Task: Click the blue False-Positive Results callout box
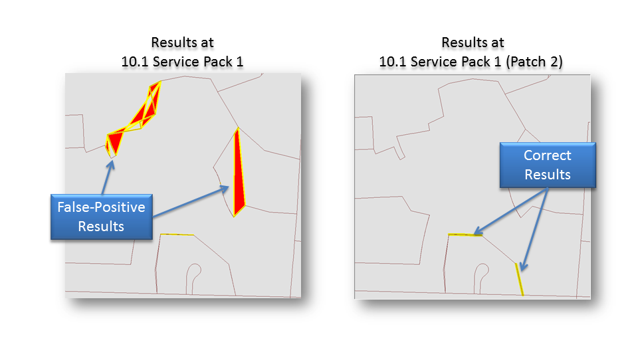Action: coord(102,217)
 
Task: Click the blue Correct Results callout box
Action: coord(547,165)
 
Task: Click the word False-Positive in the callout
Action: coord(102,208)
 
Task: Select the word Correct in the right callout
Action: coord(547,155)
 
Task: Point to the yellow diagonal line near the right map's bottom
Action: coord(520,279)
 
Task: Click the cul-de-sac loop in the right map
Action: coord(482,272)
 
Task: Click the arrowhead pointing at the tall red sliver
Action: coord(226,189)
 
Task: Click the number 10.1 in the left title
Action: coord(134,62)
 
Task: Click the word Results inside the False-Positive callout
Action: coord(101,226)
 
